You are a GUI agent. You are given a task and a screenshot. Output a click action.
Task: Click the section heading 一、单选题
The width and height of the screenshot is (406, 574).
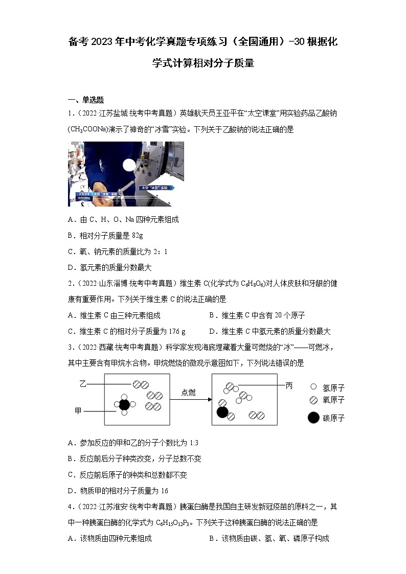click(x=86, y=100)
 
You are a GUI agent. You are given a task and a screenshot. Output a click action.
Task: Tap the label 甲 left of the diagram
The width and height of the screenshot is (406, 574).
click(x=78, y=411)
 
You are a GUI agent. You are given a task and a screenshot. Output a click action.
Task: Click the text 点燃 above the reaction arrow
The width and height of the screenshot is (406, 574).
click(x=188, y=393)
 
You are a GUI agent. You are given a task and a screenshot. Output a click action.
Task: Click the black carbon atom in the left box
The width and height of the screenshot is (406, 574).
click(x=124, y=405)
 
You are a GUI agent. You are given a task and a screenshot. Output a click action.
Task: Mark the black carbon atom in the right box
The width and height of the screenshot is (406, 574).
click(x=222, y=412)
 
